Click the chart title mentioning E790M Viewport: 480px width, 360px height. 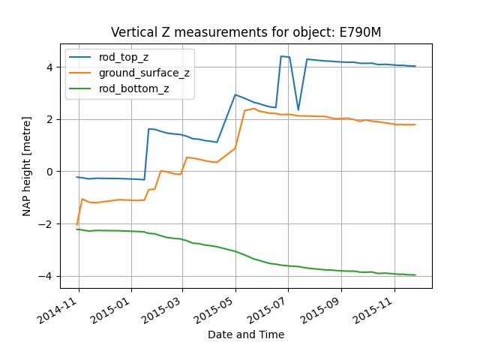point(245,32)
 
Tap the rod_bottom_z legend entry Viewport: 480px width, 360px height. point(133,88)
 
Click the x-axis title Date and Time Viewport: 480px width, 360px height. point(245,334)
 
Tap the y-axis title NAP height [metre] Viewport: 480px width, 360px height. point(27,166)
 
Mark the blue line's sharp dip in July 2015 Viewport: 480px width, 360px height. point(298,109)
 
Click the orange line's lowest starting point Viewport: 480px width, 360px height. point(77,224)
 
